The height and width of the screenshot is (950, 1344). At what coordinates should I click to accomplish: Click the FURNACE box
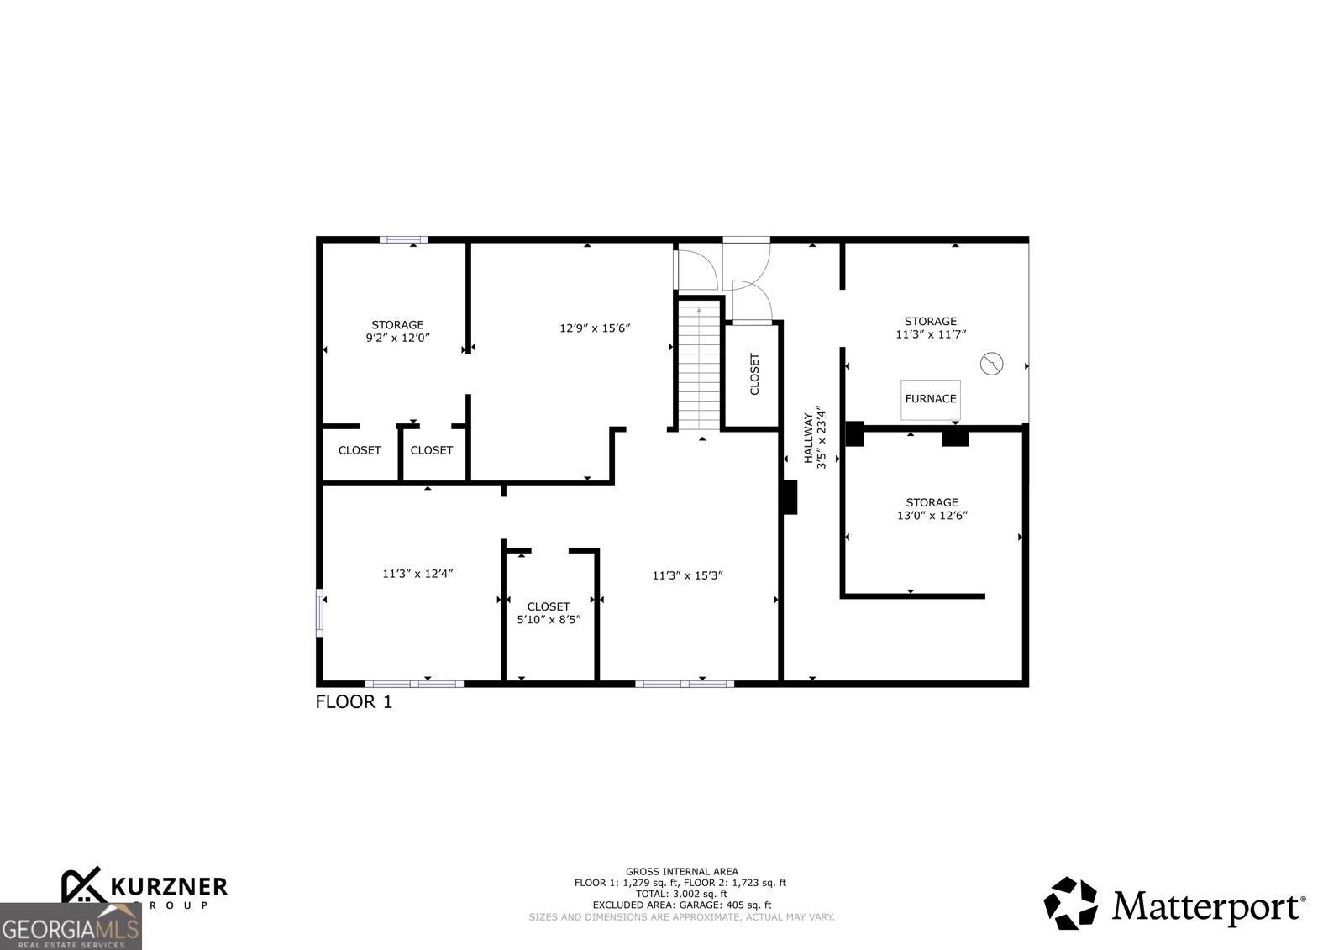pyautogui.click(x=931, y=399)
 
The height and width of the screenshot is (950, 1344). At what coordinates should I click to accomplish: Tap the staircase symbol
pyautogui.click(x=700, y=365)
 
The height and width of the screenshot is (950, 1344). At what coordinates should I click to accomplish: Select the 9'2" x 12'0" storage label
pyautogui.click(x=397, y=332)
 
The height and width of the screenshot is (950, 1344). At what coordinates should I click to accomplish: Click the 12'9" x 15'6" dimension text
pyautogui.click(x=595, y=328)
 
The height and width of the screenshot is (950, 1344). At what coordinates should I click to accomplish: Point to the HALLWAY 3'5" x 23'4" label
pyautogui.click(x=815, y=438)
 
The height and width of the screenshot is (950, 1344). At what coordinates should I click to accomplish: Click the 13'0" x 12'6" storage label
pyautogui.click(x=932, y=509)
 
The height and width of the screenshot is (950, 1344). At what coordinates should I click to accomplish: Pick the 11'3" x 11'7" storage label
pyautogui.click(x=930, y=328)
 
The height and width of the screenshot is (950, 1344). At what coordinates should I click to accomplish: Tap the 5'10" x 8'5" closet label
pyautogui.click(x=549, y=613)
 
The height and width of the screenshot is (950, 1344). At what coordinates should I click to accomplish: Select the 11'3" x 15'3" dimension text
pyautogui.click(x=687, y=575)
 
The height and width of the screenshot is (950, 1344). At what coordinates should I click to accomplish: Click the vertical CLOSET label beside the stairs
pyautogui.click(x=753, y=374)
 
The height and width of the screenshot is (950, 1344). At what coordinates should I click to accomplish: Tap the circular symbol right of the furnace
pyautogui.click(x=992, y=364)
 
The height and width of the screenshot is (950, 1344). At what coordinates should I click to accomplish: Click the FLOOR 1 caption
pyautogui.click(x=354, y=702)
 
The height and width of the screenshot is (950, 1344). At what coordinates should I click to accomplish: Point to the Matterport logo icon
pyautogui.click(x=1070, y=903)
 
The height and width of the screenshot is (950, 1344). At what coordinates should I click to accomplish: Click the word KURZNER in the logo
pyautogui.click(x=168, y=886)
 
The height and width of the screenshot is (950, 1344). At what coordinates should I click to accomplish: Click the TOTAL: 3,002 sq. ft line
pyautogui.click(x=681, y=894)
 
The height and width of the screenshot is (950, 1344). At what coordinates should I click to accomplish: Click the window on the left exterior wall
pyautogui.click(x=319, y=611)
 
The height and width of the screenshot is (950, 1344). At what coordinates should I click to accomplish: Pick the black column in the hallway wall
pyautogui.click(x=790, y=496)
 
